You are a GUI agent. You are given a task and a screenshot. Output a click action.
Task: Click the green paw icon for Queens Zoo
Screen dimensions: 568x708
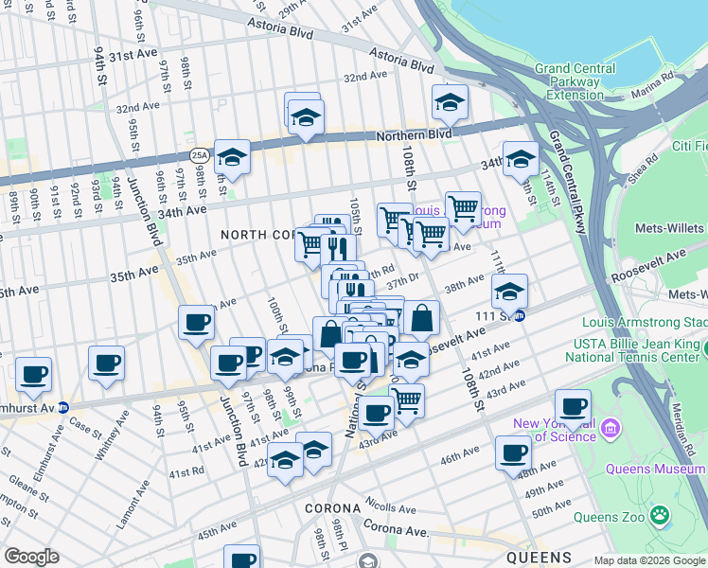point(660,516)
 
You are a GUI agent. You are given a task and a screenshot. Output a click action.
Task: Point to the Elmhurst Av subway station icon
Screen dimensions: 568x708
point(62,407)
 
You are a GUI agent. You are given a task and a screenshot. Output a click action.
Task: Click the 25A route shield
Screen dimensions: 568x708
point(199,154)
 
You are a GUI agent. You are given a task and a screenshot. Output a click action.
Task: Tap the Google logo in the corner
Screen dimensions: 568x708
point(32,557)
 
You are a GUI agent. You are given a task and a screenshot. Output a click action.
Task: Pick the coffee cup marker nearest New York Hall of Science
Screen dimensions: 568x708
point(573,407)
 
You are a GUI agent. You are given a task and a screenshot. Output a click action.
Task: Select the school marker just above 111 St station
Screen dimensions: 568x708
point(509,292)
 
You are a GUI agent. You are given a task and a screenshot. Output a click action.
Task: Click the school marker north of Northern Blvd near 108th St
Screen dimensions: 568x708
point(451,102)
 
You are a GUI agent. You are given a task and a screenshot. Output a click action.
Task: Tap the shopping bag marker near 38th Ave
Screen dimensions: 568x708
point(422,318)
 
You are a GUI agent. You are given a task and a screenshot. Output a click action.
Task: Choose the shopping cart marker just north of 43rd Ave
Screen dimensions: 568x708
point(407,400)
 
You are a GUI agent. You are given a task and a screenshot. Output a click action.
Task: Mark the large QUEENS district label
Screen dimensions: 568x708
point(538,557)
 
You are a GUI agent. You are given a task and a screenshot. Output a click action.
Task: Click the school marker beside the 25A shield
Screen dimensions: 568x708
point(232,158)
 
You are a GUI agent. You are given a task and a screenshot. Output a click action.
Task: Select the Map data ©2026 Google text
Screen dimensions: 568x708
point(648,559)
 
